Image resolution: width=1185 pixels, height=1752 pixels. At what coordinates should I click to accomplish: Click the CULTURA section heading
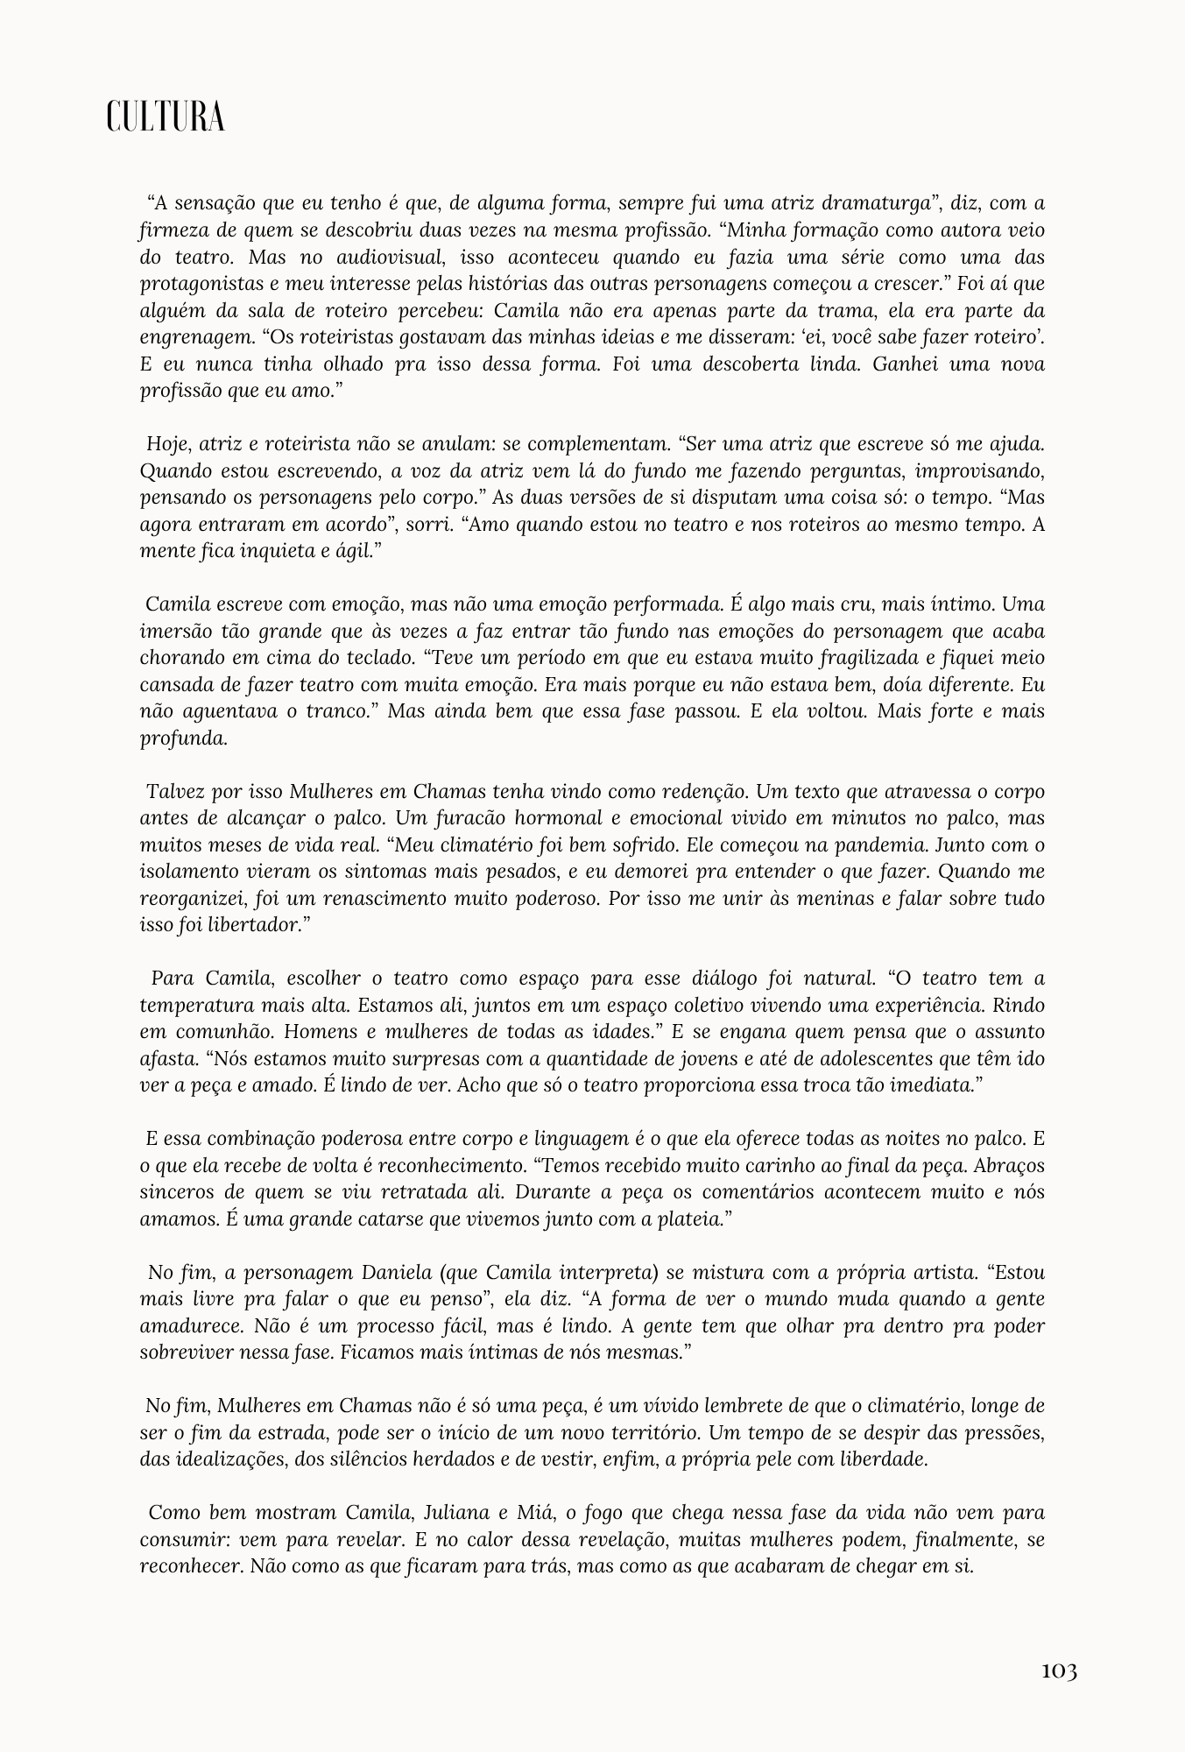pyautogui.click(x=166, y=117)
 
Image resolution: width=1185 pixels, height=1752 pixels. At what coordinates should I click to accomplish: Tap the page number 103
pyautogui.click(x=1058, y=1671)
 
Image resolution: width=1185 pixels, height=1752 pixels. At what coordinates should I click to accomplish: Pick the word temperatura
pyautogui.click(x=194, y=1005)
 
